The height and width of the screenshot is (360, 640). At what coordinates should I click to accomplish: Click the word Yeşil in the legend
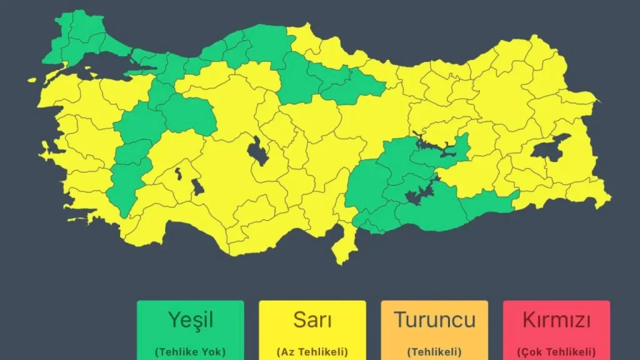click(191, 319)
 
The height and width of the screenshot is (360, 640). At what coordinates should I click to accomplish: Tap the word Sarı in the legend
click(312, 319)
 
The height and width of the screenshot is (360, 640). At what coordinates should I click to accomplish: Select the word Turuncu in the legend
click(434, 319)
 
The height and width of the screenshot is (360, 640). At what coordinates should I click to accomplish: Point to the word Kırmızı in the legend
click(556, 319)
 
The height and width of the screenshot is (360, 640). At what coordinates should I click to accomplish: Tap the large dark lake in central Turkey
click(257, 151)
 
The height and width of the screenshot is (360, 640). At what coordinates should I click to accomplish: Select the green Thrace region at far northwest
click(75, 37)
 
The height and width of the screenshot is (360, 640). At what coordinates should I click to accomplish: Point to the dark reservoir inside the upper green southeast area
click(437, 147)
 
